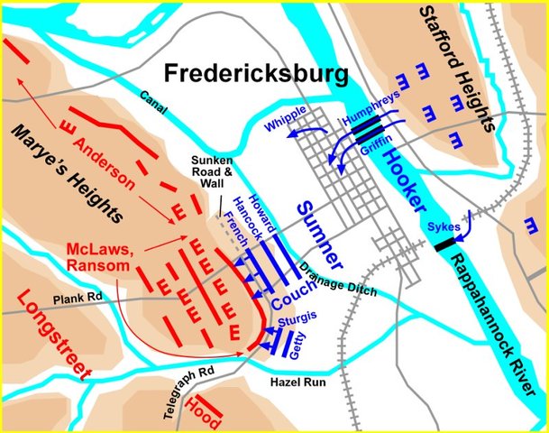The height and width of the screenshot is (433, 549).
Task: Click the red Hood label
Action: [202, 414]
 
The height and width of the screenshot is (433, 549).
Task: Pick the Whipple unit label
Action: [287, 121]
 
